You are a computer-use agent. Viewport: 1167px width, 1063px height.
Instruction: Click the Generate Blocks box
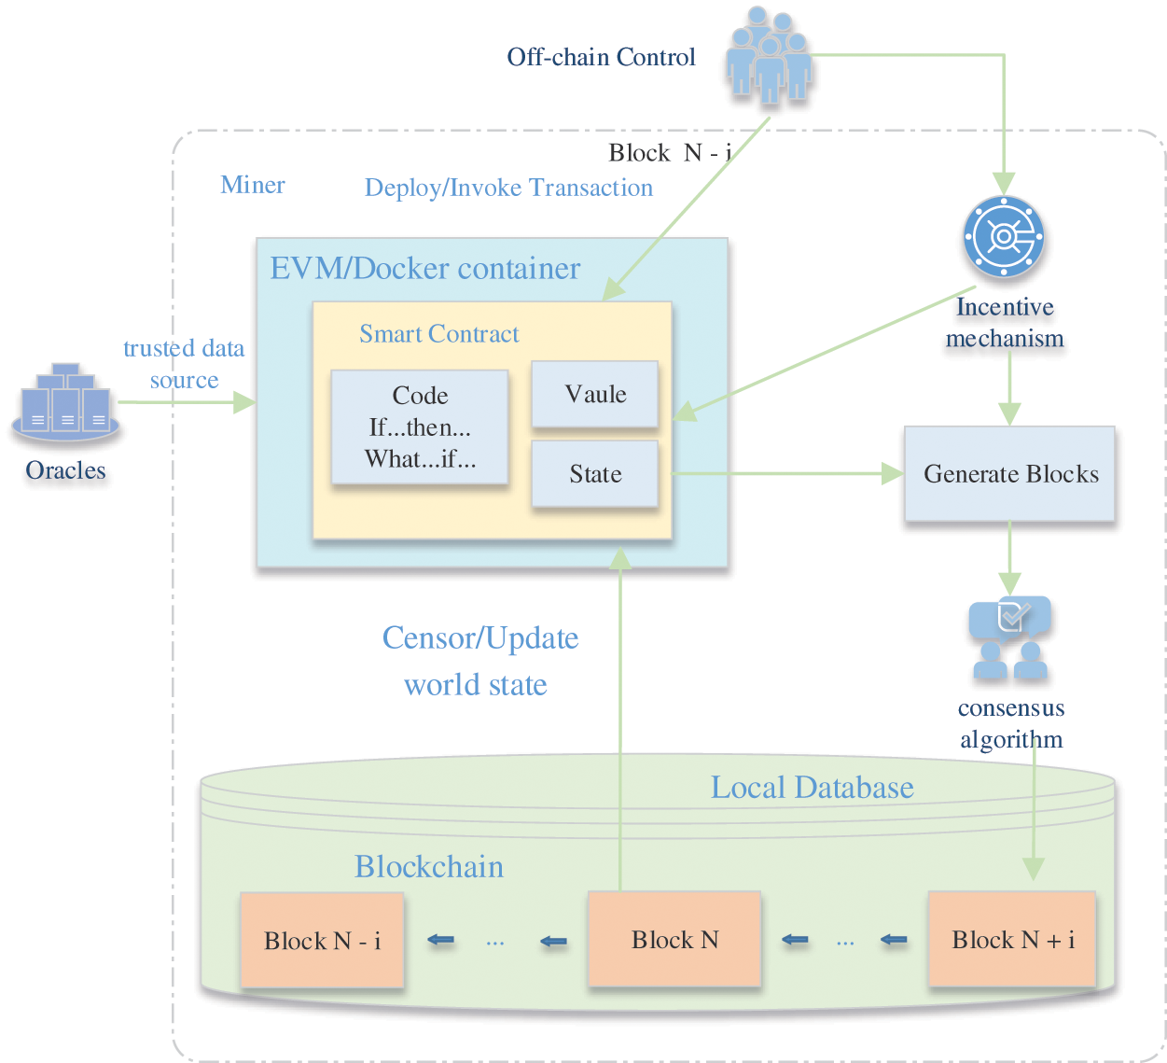click(x=1009, y=474)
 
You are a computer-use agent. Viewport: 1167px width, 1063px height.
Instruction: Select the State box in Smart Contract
click(x=595, y=474)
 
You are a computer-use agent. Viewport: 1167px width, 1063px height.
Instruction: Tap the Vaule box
click(x=595, y=394)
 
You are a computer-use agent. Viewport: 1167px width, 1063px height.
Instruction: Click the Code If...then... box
click(x=420, y=427)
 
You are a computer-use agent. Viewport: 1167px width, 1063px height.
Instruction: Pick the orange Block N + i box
click(x=1012, y=940)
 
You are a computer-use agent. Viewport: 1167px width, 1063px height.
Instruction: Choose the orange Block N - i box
click(x=322, y=941)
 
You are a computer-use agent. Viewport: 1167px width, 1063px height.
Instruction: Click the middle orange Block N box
click(x=674, y=940)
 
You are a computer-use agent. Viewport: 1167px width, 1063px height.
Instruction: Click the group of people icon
click(x=770, y=56)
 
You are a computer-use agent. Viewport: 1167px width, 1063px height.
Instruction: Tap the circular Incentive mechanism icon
click(x=1003, y=237)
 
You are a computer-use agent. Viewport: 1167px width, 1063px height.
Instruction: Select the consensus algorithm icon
click(x=1010, y=638)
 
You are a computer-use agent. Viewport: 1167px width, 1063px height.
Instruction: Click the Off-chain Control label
click(x=601, y=58)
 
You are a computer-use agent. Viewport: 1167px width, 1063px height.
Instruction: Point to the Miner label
click(x=253, y=185)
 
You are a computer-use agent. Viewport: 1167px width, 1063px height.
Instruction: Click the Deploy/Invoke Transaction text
click(x=508, y=188)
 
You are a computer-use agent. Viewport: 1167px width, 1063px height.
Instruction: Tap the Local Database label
click(x=812, y=788)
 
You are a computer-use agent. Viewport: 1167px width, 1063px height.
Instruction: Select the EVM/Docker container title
click(x=424, y=269)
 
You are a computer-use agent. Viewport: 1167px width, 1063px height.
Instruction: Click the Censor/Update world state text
click(x=479, y=661)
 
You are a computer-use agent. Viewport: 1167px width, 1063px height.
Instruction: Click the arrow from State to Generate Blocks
click(x=784, y=474)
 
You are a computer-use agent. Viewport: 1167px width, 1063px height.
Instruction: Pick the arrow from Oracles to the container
click(x=187, y=402)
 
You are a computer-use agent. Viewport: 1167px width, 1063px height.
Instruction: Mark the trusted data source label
click(x=184, y=364)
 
